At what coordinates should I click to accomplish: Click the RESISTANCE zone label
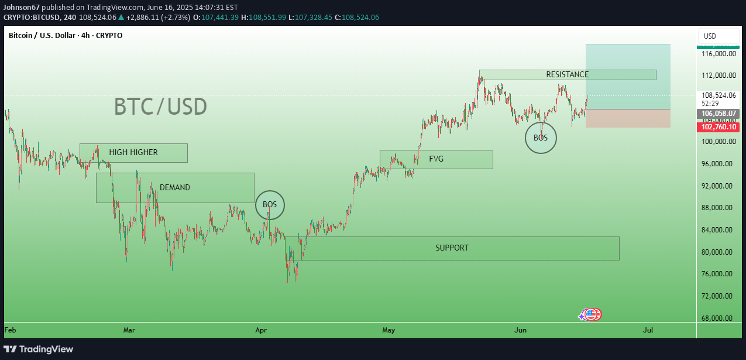pyautogui.click(x=567, y=74)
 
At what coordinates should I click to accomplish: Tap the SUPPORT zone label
pyautogui.click(x=452, y=248)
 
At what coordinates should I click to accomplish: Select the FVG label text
pyautogui.click(x=436, y=159)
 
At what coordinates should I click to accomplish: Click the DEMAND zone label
pyautogui.click(x=174, y=187)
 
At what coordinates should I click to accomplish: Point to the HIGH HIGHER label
pyautogui.click(x=133, y=152)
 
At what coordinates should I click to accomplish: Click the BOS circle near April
pyautogui.click(x=270, y=205)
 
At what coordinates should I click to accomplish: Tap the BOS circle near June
pyautogui.click(x=540, y=138)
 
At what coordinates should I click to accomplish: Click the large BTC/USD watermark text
pyautogui.click(x=160, y=107)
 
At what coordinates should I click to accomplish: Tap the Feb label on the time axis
pyautogui.click(x=10, y=330)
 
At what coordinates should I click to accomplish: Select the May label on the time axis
pyautogui.click(x=389, y=330)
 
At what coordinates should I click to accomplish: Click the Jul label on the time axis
pyautogui.click(x=648, y=330)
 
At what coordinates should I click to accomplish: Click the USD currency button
pyautogui.click(x=710, y=36)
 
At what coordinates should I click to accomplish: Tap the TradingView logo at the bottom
pyautogui.click(x=39, y=349)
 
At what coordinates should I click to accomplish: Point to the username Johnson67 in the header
pyautogui.click(x=21, y=7)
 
